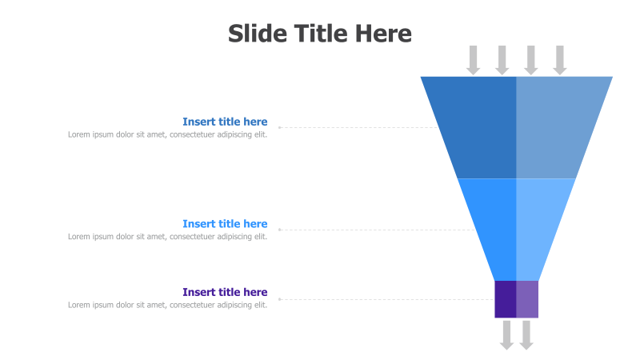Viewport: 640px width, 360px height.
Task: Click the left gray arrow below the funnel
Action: (x=506, y=334)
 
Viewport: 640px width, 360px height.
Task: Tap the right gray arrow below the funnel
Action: (x=526, y=334)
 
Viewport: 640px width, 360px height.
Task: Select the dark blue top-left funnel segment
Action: (x=477, y=126)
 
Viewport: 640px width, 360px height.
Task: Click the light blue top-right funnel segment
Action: (x=556, y=126)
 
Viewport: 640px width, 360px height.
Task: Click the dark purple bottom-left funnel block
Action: (x=506, y=299)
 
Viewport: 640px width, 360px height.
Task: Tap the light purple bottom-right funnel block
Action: (x=527, y=299)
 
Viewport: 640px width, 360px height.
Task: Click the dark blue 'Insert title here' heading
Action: (x=225, y=122)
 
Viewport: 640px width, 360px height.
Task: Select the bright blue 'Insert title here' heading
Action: (x=225, y=224)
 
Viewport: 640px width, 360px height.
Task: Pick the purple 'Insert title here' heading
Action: (x=225, y=292)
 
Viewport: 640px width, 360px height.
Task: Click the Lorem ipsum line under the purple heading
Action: (x=167, y=305)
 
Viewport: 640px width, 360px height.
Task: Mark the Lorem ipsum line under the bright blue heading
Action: (x=167, y=237)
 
